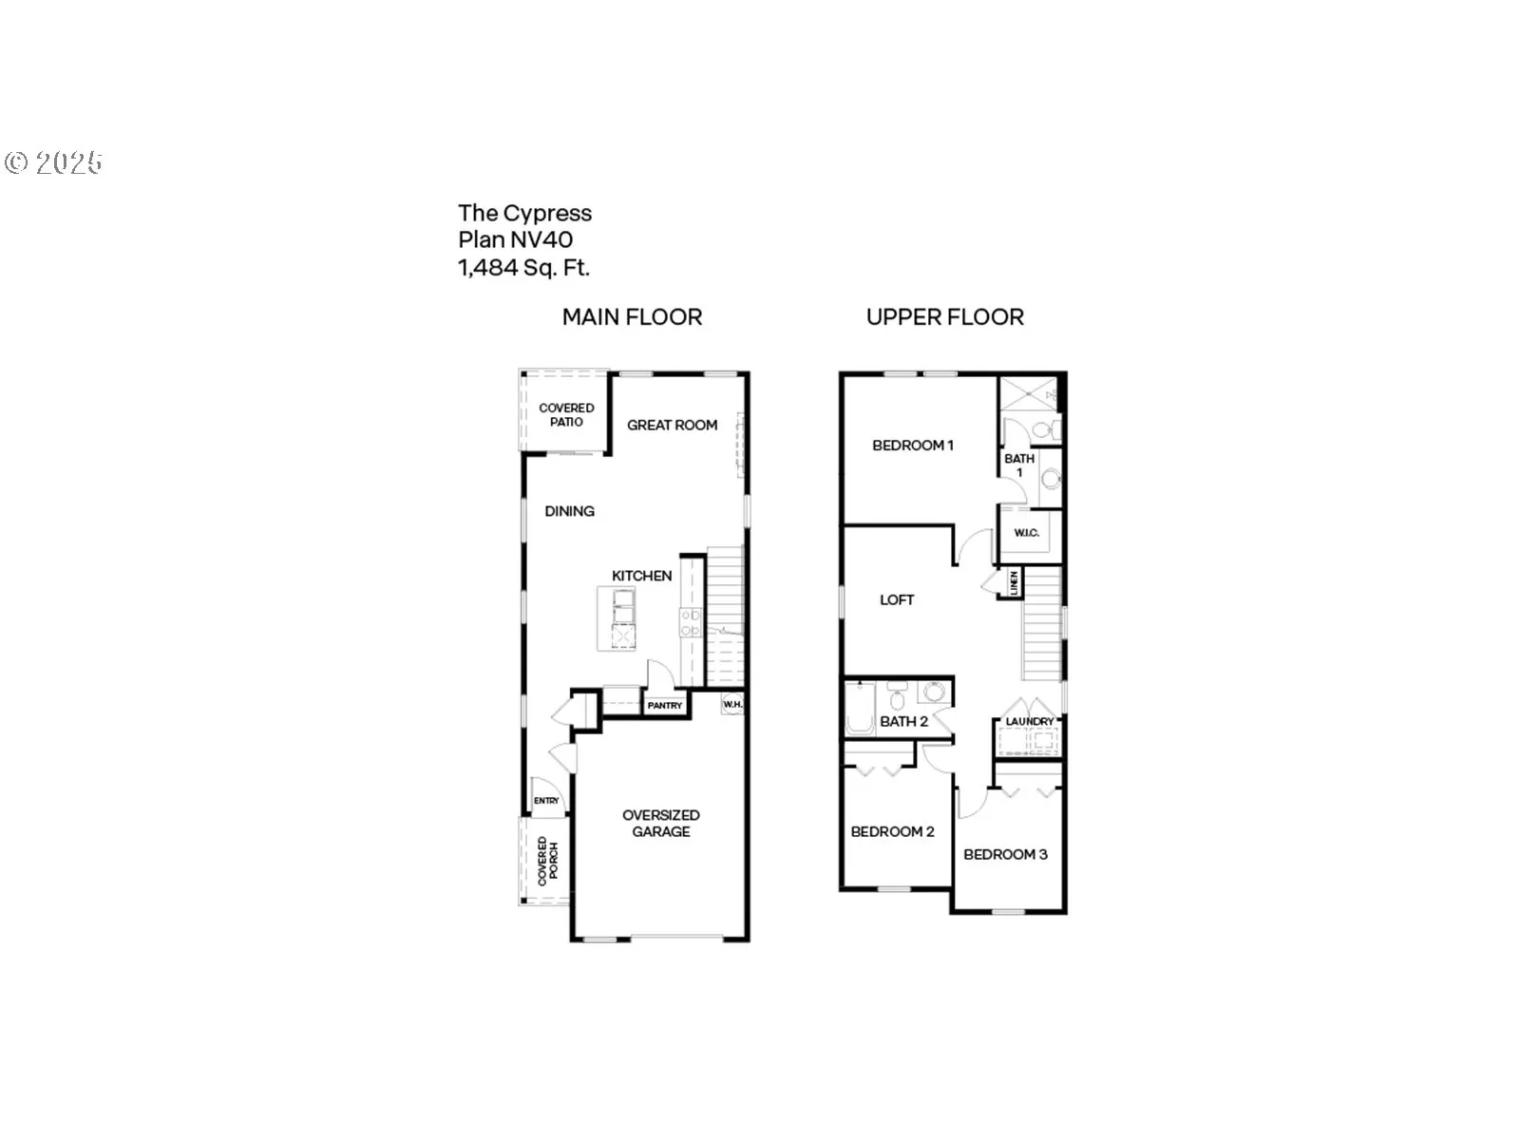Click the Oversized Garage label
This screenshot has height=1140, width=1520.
click(x=661, y=823)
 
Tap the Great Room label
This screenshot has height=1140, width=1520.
click(x=672, y=425)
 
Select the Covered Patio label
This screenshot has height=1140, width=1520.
click(x=566, y=414)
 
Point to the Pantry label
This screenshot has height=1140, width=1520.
click(x=665, y=706)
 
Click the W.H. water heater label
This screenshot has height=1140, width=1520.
click(x=731, y=705)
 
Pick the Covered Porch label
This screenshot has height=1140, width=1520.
click(x=548, y=861)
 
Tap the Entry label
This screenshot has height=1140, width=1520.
click(x=546, y=801)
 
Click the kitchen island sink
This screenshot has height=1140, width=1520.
click(x=623, y=598)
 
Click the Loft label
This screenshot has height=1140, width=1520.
click(x=896, y=599)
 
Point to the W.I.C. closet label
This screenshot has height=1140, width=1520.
click(x=1026, y=533)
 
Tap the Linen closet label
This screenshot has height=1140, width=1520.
click(x=1015, y=581)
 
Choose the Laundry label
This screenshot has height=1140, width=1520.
click(x=1029, y=722)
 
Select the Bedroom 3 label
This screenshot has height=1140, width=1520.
click(x=1005, y=854)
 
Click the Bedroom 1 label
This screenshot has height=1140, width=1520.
click(x=912, y=445)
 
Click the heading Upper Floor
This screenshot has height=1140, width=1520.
click(x=944, y=317)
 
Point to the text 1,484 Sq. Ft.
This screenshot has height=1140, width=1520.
click(x=523, y=268)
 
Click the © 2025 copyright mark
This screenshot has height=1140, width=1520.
click(x=53, y=162)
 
